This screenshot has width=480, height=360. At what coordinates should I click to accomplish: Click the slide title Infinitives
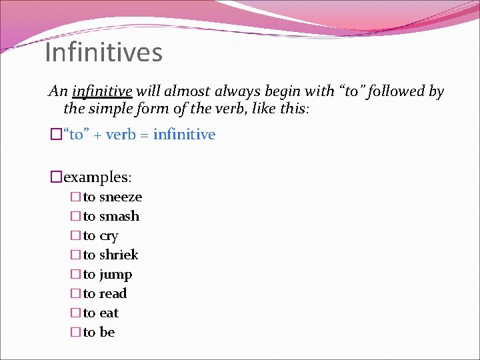click(x=103, y=52)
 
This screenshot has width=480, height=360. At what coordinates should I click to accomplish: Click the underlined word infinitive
click(x=101, y=91)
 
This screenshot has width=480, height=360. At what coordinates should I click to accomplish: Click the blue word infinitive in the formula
click(x=184, y=135)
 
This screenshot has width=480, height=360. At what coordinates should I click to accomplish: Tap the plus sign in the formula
click(x=97, y=135)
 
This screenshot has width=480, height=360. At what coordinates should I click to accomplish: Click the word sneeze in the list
click(x=121, y=197)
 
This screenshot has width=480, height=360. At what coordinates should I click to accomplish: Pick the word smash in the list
click(x=119, y=217)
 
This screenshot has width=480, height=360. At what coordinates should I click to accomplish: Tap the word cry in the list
click(x=109, y=236)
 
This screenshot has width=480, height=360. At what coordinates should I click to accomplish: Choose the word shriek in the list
click(x=119, y=255)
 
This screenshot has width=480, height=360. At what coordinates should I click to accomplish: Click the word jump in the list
click(x=116, y=275)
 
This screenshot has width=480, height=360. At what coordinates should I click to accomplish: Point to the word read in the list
click(x=113, y=294)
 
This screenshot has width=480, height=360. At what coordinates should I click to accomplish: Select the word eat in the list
click(x=109, y=313)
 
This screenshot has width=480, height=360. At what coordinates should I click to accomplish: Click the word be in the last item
click(x=107, y=333)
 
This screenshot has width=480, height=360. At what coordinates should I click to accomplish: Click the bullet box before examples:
click(x=56, y=177)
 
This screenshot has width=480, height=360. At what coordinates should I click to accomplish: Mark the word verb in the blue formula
click(x=121, y=135)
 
